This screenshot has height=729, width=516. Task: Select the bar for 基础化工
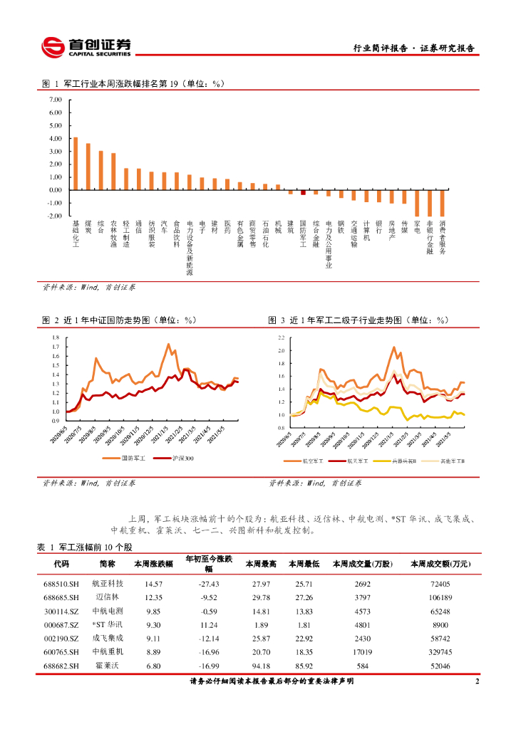(x=76, y=164)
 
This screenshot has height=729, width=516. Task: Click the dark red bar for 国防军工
(x=303, y=192)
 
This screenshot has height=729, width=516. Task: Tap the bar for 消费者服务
(x=443, y=203)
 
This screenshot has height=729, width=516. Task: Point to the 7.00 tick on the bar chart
(x=55, y=100)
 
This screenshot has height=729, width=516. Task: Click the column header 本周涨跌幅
(x=153, y=564)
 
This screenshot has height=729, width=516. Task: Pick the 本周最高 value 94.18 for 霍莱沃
(x=257, y=668)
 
